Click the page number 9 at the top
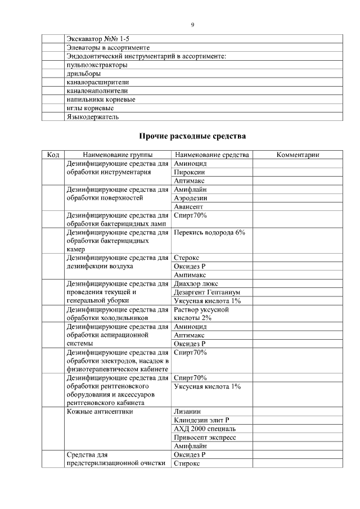coord(192,25)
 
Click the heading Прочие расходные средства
coord(192,136)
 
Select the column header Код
coord(53,155)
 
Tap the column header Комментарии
coord(298,155)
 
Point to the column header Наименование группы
coord(118,155)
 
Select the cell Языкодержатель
coord(93,117)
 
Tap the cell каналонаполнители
coord(97,91)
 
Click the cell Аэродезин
coord(191,198)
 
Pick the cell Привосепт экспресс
coord(205,438)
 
